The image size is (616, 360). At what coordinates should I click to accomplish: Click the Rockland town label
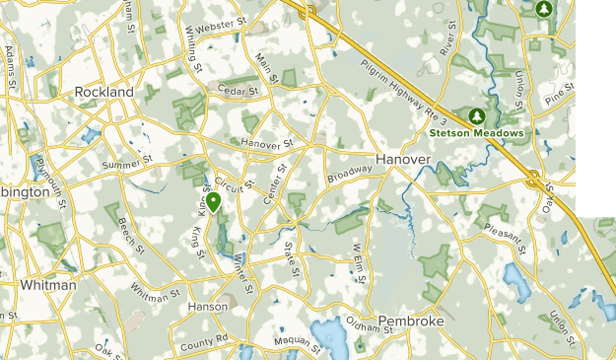[104, 92]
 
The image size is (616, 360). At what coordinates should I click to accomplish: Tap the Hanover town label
[403, 159]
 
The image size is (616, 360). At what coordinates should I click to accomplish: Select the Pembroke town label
[412, 322]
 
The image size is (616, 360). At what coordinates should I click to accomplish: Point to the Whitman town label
[47, 285]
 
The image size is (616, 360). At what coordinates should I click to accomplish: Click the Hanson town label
[208, 307]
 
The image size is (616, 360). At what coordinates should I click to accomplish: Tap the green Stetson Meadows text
[475, 132]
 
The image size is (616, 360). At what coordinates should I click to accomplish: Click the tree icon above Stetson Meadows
[476, 114]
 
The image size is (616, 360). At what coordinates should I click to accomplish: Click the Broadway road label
[350, 175]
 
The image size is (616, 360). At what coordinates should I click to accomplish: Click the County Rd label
[205, 341]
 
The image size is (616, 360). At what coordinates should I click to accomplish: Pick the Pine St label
[559, 96]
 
